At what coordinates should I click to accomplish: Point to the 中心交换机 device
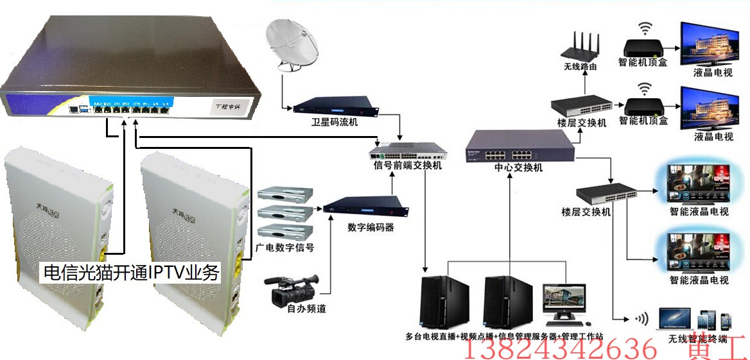pos(519,146)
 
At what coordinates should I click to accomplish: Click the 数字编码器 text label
pos(371,227)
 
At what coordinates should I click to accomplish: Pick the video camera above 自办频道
pos(292,289)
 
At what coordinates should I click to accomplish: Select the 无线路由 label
pos(580,67)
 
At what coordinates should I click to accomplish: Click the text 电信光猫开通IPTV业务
pos(131,273)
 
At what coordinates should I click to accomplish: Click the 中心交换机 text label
pos(518,168)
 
